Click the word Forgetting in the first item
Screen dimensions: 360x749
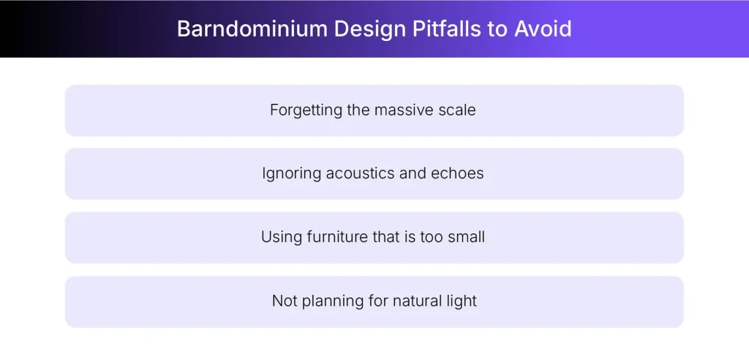306,110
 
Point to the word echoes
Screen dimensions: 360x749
459,174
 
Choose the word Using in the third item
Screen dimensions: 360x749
279,238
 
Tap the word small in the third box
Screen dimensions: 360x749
467,238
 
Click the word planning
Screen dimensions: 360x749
328,301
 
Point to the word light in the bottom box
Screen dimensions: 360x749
462,301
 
